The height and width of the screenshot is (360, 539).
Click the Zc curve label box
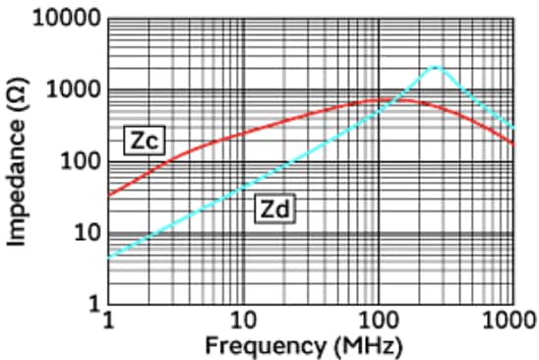tap(143, 140)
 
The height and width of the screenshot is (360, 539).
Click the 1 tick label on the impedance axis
tap(93, 303)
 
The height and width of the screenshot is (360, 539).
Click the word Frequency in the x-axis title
tap(253, 345)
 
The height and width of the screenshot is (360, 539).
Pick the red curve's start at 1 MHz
tap(109, 195)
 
